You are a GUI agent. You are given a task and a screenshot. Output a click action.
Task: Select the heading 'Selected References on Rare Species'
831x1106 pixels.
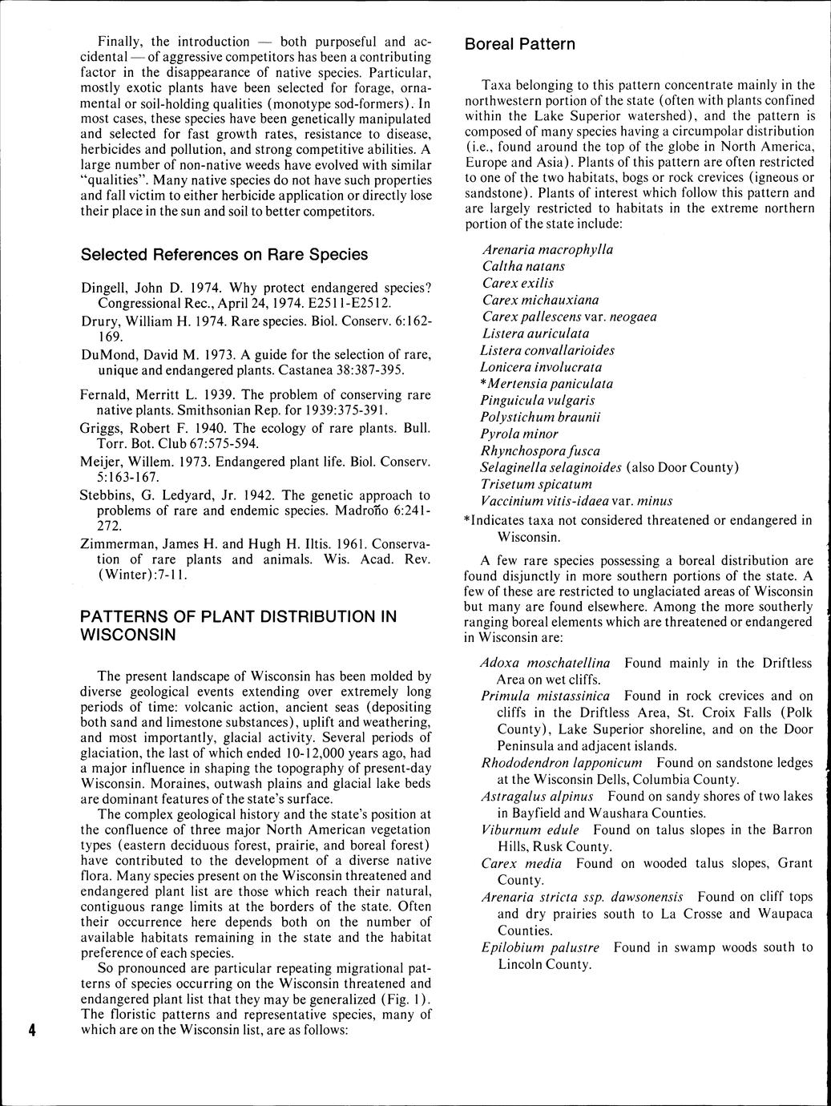pyautogui.click(x=224, y=254)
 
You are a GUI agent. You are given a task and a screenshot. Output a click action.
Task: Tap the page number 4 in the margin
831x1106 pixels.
pyautogui.click(x=32, y=1031)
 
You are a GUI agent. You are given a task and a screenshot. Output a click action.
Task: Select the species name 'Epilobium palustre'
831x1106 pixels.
pyautogui.click(x=540, y=947)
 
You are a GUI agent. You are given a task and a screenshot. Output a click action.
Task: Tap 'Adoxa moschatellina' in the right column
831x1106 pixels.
pyautogui.click(x=545, y=663)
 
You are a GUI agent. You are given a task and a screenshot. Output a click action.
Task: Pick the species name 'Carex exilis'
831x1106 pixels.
pyautogui.click(x=518, y=283)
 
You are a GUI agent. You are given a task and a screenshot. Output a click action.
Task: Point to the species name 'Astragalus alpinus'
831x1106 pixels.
pyautogui.click(x=537, y=796)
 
